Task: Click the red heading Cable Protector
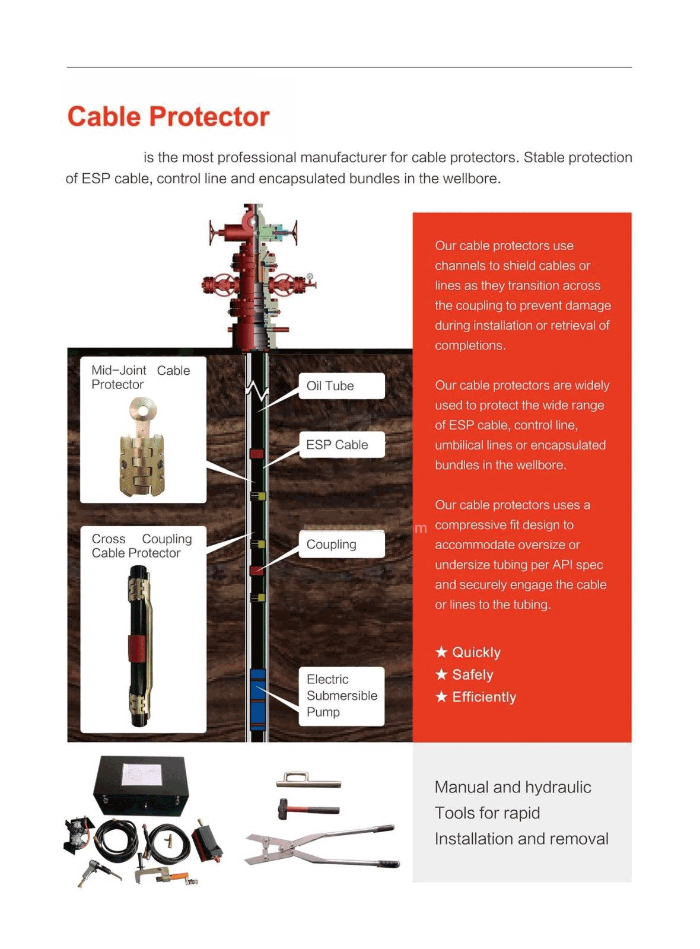[168, 116]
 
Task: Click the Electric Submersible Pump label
[341, 695]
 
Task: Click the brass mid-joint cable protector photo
[141, 448]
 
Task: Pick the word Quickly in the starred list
[476, 652]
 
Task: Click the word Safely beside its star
[472, 675]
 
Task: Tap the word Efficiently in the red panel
[484, 697]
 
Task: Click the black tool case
[143, 784]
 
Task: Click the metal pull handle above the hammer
[308, 779]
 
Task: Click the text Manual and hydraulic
[513, 787]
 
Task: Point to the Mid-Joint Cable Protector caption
[141, 377]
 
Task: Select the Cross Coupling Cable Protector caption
[142, 546]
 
